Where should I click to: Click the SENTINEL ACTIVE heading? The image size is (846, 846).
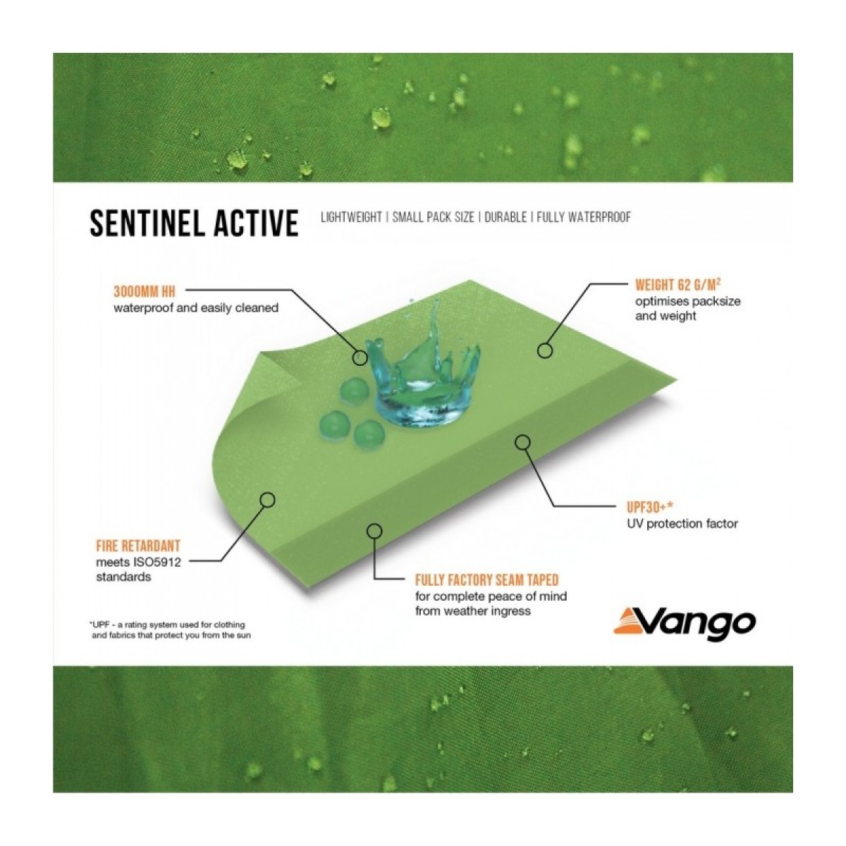tap(194, 223)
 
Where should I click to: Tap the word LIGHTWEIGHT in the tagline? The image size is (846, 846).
tap(351, 217)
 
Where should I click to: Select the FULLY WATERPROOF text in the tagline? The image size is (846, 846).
tap(584, 217)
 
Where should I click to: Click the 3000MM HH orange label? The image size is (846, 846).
tap(145, 291)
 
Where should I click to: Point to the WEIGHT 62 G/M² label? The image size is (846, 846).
tap(678, 285)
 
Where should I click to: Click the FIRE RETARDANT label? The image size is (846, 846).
tap(138, 546)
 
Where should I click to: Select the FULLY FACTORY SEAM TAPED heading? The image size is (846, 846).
tap(487, 580)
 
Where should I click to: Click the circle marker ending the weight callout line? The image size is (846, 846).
tap(546, 350)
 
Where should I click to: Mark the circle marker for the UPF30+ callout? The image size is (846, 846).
tap(522, 443)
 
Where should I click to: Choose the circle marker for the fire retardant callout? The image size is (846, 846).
tap(268, 500)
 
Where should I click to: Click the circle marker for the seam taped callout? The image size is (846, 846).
tap(374, 532)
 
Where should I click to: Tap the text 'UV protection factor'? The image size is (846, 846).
tap(682, 524)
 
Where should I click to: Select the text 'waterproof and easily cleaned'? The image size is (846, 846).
tap(196, 308)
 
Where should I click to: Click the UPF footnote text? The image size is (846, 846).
tap(169, 630)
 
